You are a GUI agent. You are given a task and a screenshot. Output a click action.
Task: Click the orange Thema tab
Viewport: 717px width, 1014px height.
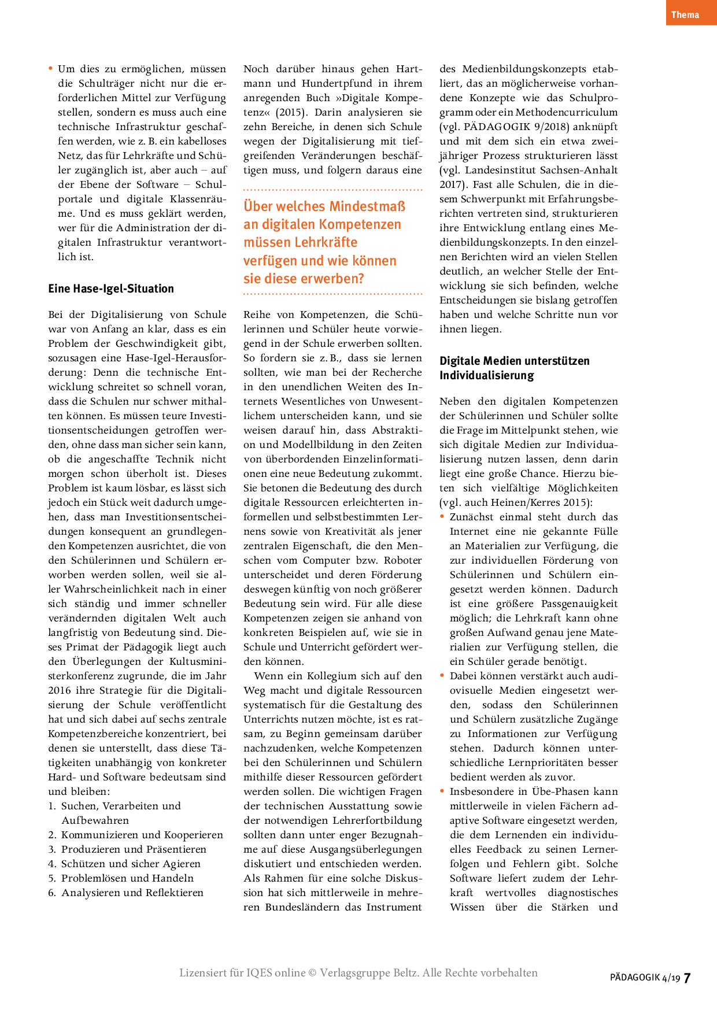(685, 14)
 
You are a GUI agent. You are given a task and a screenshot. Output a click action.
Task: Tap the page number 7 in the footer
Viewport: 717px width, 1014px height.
(687, 978)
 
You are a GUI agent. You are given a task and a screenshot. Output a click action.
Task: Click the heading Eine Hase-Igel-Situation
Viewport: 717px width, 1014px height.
(111, 288)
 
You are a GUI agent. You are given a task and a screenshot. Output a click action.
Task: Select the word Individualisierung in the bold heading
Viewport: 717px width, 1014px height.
(487, 375)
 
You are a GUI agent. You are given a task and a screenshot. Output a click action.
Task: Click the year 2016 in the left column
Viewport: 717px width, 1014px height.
(60, 690)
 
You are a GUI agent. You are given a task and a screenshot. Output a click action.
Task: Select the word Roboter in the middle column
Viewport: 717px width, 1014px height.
(402, 560)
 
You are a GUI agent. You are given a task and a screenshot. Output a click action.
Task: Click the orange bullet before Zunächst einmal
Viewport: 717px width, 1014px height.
(442, 516)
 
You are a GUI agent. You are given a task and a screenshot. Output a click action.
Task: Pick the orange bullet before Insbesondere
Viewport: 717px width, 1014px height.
(442, 791)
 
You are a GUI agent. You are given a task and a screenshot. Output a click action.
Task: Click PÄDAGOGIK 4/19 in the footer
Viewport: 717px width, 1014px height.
(645, 978)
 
